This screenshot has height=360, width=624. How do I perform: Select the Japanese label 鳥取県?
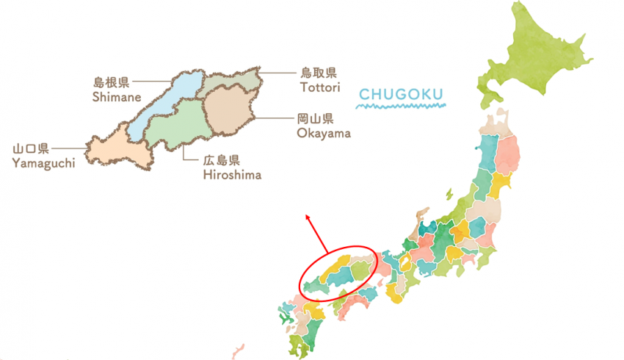click(318, 73)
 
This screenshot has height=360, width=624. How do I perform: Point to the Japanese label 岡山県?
click(316, 119)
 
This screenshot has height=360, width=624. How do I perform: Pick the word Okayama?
click(324, 133)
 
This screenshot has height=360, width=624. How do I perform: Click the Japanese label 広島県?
click(222, 160)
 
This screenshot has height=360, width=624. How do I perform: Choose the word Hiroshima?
click(231, 174)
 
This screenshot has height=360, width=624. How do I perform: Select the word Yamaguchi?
click(43, 162)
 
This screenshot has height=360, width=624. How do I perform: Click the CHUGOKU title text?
click(402, 94)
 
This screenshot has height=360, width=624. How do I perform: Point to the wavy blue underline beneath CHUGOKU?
click(402, 107)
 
